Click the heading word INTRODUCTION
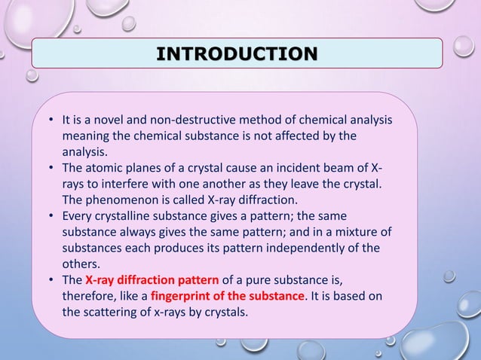tap(236, 53)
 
